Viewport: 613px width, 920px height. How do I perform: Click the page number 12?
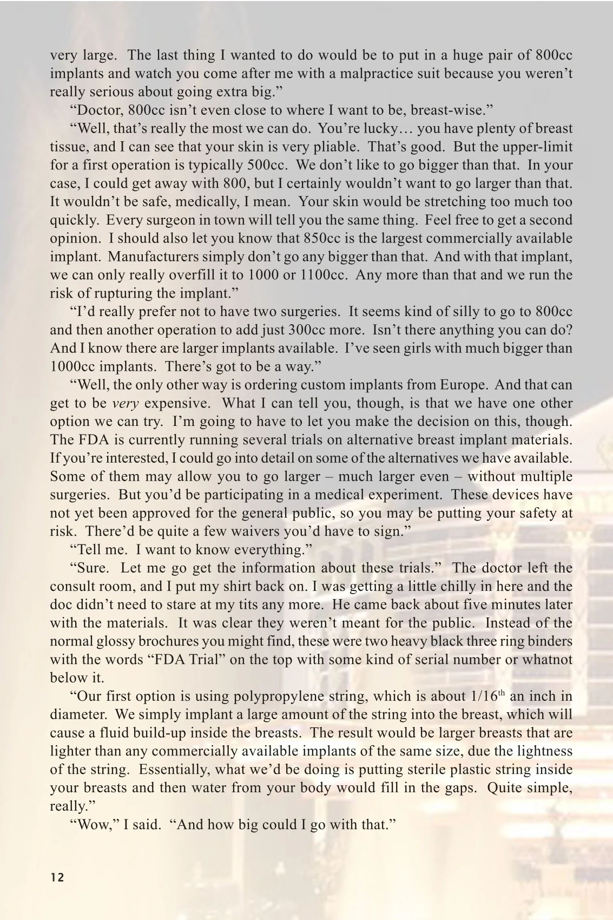(57, 878)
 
